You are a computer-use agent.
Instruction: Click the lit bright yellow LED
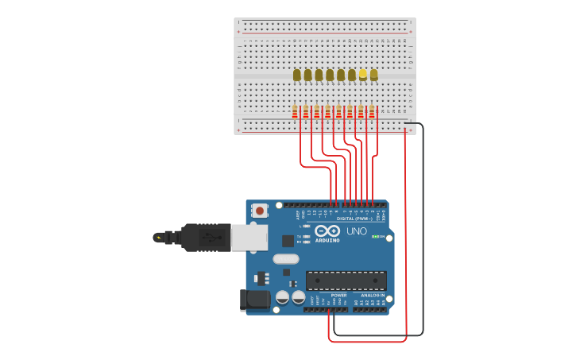[x=363, y=74]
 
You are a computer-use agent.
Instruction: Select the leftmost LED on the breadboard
[x=297, y=75]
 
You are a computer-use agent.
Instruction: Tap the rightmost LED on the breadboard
[x=373, y=75]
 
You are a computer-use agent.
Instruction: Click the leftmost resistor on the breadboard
[x=295, y=112]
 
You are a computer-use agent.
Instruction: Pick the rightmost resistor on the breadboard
[x=372, y=112]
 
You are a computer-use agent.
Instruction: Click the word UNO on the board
[x=357, y=231]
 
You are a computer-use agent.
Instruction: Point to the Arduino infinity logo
[x=327, y=230]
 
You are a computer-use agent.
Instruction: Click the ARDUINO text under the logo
[x=327, y=240]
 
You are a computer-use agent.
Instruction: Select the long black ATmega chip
[x=346, y=280]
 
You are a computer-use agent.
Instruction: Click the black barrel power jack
[x=255, y=300]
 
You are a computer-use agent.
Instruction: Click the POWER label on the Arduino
[x=339, y=295]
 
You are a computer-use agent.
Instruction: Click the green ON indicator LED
[x=375, y=237]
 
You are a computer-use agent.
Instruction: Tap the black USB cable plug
[x=205, y=237]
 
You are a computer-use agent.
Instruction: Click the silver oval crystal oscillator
[x=286, y=259]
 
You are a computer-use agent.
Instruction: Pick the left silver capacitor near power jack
[x=282, y=298]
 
